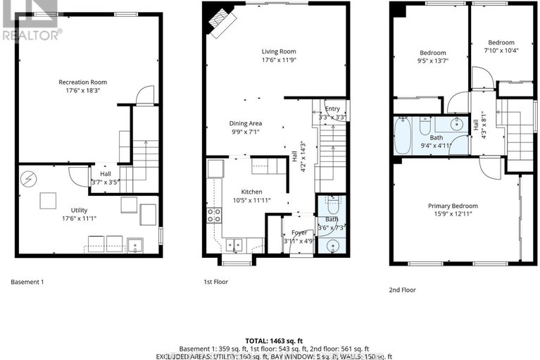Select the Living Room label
point(278,51)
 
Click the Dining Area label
point(245,123)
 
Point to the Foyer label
point(291,232)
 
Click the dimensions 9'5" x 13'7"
point(432,61)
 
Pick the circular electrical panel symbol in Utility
point(29,178)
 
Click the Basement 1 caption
point(27,282)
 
